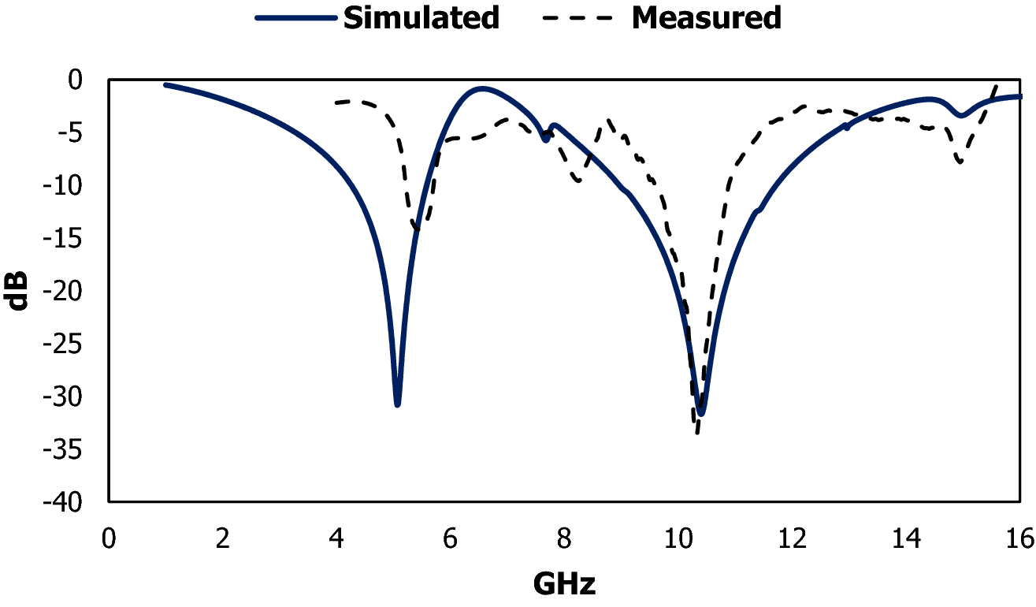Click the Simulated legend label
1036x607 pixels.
coord(420,17)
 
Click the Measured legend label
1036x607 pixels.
coord(706,17)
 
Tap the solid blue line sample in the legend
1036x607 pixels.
coord(297,17)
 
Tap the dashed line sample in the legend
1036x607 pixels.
coord(579,17)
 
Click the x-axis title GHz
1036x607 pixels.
coord(564,584)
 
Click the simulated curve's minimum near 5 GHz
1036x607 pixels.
coord(398,404)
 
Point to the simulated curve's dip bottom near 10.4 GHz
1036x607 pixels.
coord(700,413)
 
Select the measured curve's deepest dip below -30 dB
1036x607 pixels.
coord(696,432)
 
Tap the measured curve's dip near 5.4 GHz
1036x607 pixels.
coord(417,229)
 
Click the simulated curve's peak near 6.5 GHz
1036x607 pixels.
coord(482,88)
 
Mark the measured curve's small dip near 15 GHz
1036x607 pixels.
coord(960,162)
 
